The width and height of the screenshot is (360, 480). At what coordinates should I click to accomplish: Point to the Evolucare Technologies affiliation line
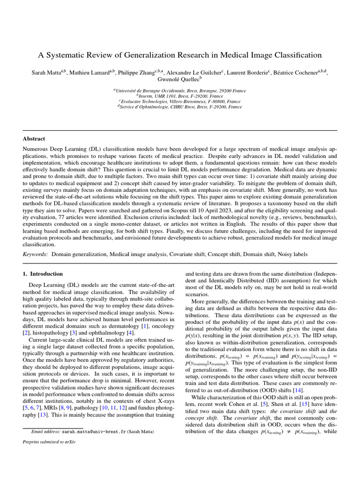tap(180, 101)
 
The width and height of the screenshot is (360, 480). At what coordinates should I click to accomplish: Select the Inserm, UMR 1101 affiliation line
tap(180, 96)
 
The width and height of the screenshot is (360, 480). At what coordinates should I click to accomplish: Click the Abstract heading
tap(34, 139)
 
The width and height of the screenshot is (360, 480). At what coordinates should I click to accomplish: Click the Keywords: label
tap(35, 254)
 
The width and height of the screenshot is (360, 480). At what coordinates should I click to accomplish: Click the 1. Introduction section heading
tap(43, 274)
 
